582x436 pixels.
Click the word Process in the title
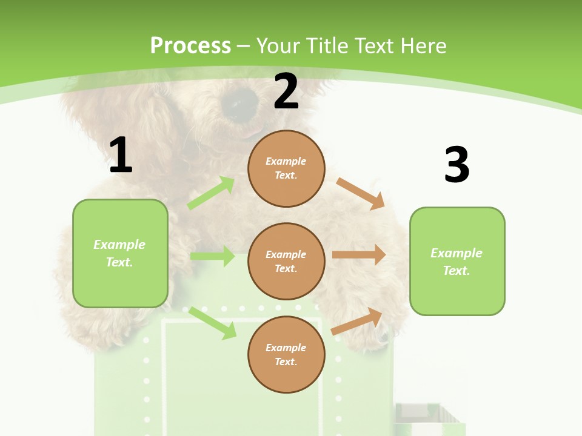pos(190,45)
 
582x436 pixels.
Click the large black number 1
pos(121,156)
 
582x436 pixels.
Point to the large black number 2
pos(286,91)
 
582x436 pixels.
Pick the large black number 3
pos(457,165)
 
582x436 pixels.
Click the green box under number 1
pos(120,253)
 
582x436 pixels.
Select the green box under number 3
pos(457,261)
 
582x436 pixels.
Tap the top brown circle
pos(286,168)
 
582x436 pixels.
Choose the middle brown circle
pos(286,261)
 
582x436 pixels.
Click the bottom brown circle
pos(286,354)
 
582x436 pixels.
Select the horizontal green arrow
pos(212,256)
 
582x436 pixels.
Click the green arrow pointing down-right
pos(212,323)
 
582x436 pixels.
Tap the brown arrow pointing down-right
pos(361,193)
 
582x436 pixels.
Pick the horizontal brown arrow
pos(359,255)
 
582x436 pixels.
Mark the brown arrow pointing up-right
pos(357,321)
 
